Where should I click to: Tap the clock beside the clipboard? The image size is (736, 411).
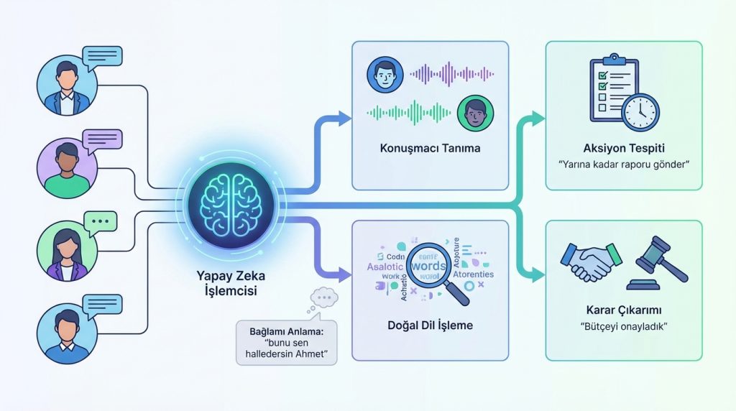point(640,111)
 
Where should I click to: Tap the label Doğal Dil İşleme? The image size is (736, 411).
point(430,325)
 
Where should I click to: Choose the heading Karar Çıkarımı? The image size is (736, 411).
point(623,311)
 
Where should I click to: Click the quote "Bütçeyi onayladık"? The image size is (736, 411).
point(623,328)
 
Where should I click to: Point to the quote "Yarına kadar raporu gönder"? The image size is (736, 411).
point(623,165)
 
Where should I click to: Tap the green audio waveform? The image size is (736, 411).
point(408,112)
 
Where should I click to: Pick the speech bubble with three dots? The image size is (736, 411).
point(100,221)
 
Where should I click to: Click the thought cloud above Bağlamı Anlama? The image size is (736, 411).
point(322,296)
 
